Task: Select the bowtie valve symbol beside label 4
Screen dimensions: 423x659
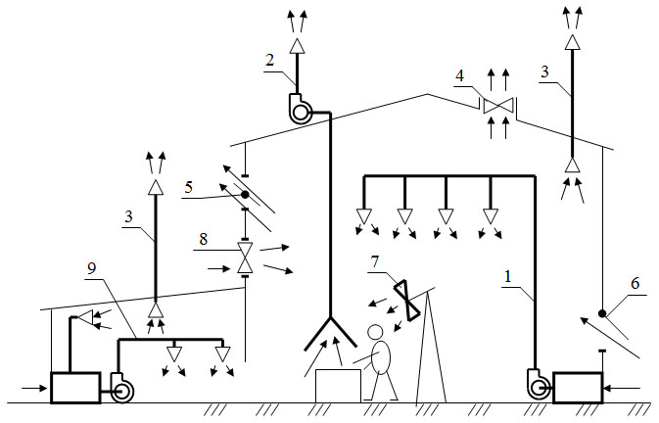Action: pos(499,106)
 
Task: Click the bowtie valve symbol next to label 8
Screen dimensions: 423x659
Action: pos(245,258)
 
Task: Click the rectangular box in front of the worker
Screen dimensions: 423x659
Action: pos(338,384)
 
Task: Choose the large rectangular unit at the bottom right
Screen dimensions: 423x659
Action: pos(579,386)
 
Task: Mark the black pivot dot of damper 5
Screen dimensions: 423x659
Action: pos(245,194)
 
